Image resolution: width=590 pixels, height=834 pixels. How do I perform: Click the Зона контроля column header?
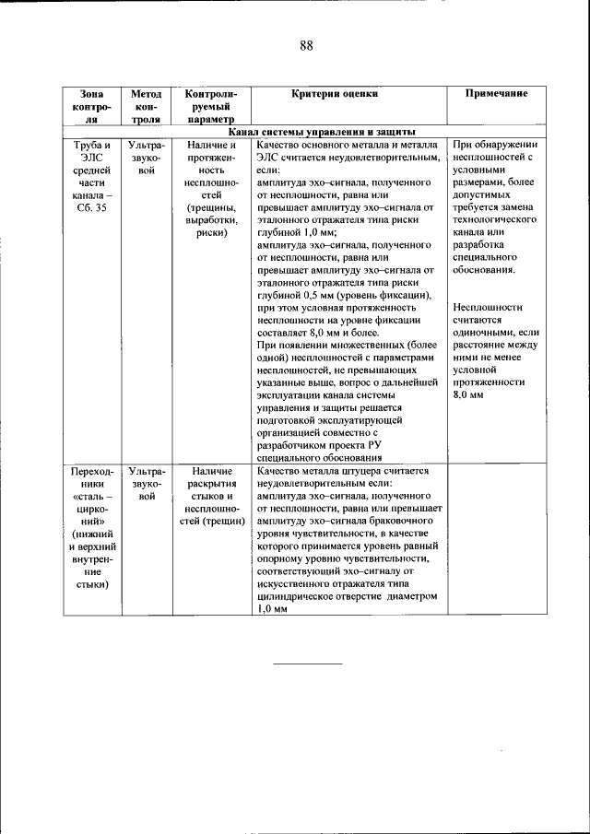(x=92, y=106)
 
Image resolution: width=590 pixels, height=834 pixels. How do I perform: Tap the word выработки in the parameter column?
(x=211, y=221)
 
